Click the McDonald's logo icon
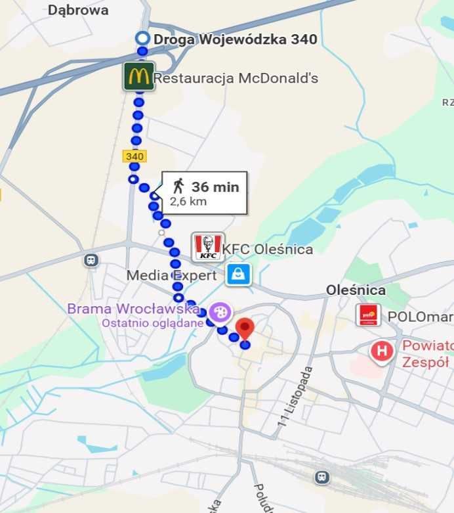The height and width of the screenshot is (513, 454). [x=138, y=76]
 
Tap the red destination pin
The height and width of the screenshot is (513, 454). [x=245, y=328]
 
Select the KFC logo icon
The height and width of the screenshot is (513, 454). [x=208, y=247]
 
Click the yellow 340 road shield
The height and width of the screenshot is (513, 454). [x=134, y=156]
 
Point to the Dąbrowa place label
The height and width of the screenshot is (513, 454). [x=78, y=10]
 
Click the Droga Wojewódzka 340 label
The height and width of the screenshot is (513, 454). [x=235, y=39]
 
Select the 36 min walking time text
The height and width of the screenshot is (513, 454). [x=215, y=187]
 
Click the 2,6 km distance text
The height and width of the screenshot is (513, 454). [x=188, y=202]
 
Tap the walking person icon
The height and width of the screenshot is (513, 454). [x=178, y=187]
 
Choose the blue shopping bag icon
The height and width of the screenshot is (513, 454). [x=239, y=275]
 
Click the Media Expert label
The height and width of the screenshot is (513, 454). [x=171, y=275]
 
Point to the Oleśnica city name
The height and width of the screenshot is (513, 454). [x=356, y=290]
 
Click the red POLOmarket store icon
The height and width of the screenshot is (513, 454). [x=368, y=315]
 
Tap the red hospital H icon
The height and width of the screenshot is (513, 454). [x=381, y=351]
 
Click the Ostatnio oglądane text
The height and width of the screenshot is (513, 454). [x=152, y=323]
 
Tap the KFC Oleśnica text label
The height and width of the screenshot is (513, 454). [x=267, y=250]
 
